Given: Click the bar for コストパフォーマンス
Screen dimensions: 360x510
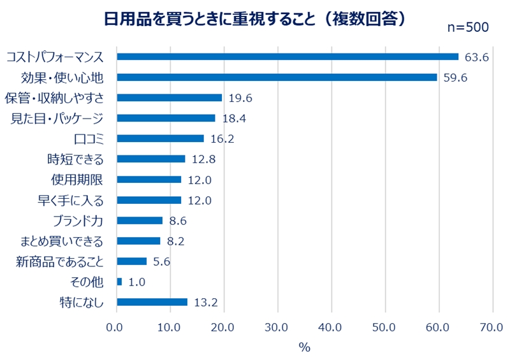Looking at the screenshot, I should (288, 57).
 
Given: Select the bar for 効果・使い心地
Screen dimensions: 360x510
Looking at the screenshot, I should (277, 77).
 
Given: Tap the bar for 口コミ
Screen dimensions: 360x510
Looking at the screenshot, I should (160, 138).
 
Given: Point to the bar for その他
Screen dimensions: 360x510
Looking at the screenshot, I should (119, 281).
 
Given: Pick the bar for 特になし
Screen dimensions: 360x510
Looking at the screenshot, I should (152, 301).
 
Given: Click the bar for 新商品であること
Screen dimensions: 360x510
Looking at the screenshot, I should (132, 261).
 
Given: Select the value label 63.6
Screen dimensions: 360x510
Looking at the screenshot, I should (476, 57).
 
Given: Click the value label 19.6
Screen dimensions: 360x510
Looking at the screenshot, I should (240, 98).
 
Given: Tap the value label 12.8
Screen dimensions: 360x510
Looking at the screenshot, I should (203, 159).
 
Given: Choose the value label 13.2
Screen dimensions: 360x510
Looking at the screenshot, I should (205, 302).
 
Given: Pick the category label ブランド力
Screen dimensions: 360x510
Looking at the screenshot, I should (81, 220).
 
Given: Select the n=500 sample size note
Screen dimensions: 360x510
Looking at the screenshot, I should (467, 27).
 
